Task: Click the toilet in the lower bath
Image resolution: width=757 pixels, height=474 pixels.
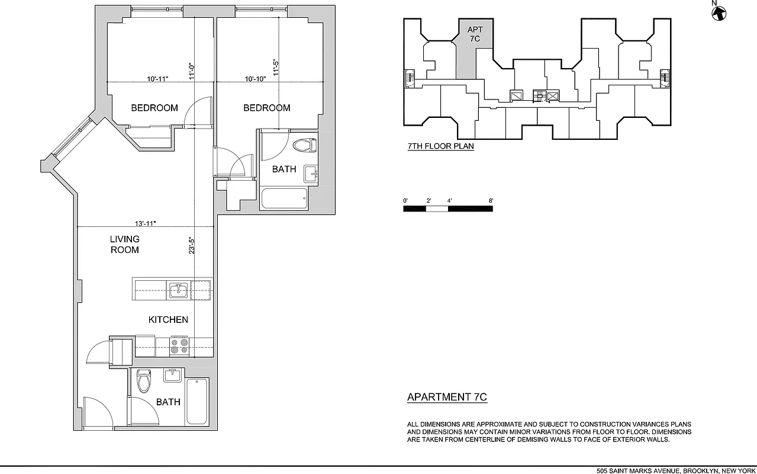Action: [x=144, y=382]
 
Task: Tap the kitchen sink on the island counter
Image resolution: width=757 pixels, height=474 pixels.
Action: [x=178, y=290]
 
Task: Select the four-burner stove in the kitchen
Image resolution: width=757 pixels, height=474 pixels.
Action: [x=179, y=346]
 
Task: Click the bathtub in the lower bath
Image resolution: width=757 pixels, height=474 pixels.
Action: [x=197, y=402]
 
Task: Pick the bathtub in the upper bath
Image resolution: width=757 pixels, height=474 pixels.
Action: [x=284, y=198]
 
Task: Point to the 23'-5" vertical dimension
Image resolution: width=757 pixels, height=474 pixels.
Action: [x=191, y=246]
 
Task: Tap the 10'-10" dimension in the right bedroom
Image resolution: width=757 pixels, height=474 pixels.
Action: [x=259, y=78]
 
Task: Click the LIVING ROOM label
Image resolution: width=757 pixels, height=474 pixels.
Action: [x=125, y=245]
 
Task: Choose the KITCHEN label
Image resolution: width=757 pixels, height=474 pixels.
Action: [x=168, y=320]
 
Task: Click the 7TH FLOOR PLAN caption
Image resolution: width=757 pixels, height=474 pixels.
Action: [x=441, y=146]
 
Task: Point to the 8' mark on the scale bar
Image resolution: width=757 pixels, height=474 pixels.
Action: [x=491, y=201]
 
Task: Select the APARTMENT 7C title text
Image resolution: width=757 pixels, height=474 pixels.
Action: [x=447, y=398]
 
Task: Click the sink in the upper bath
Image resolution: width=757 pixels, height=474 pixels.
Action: [x=311, y=174]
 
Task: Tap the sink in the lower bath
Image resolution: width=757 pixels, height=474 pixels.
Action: [x=172, y=375]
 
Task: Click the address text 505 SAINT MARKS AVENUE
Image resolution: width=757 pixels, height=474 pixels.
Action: [x=637, y=470]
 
